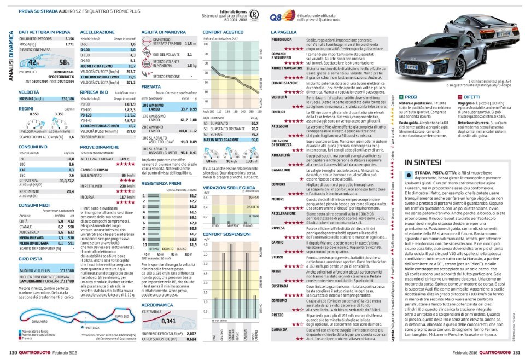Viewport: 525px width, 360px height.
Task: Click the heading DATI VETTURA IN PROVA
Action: [43, 32]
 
